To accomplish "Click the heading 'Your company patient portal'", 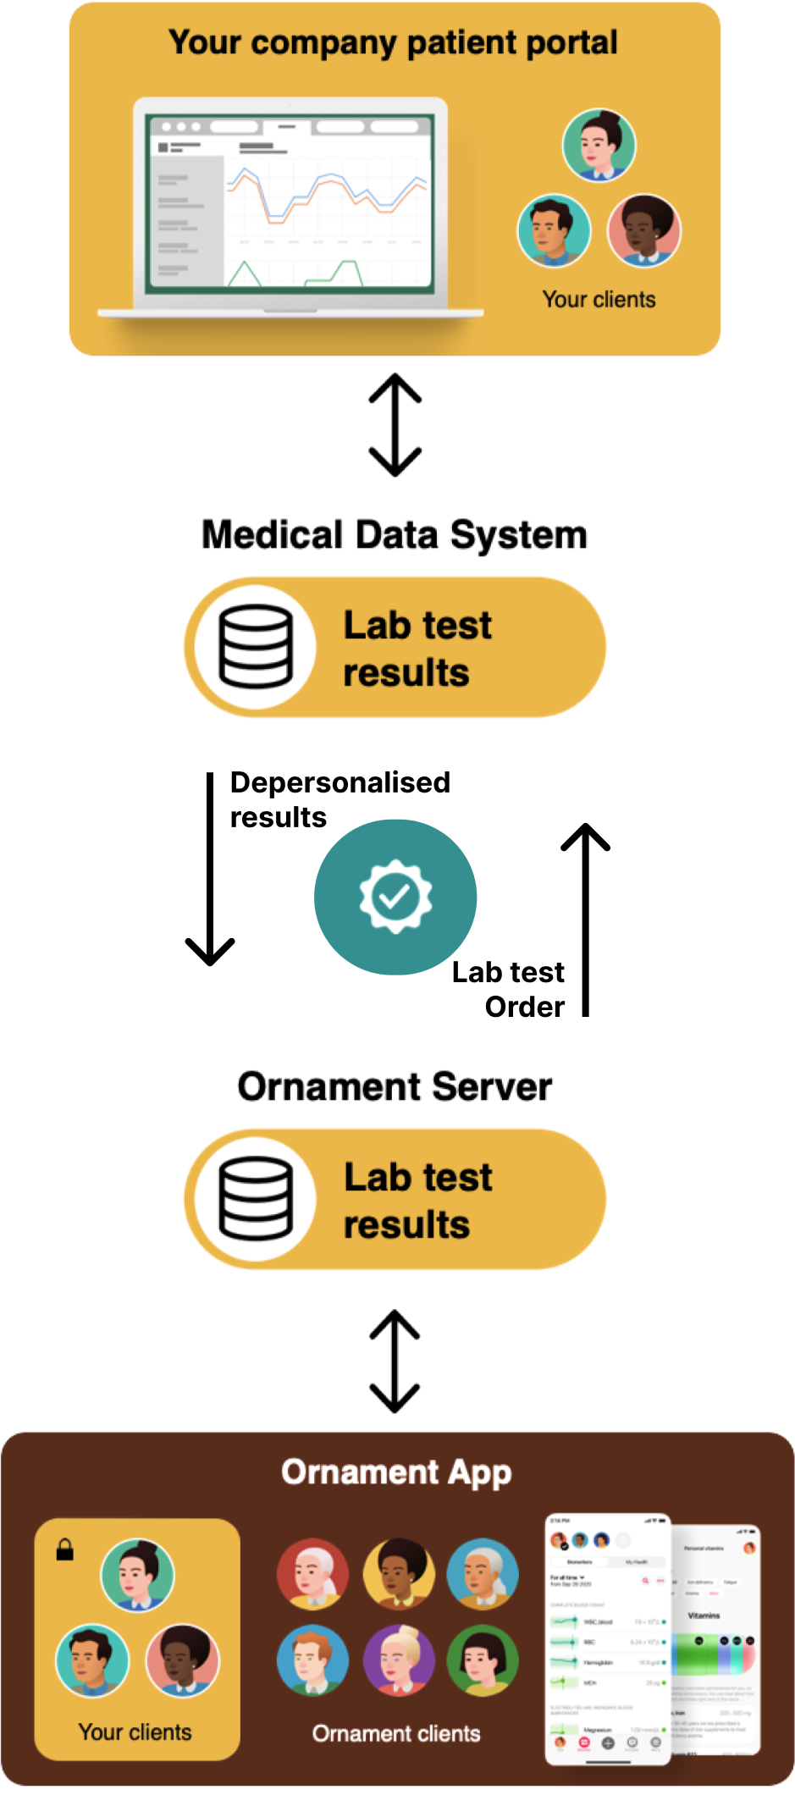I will click(393, 42).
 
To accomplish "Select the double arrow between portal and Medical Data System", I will click(395, 424).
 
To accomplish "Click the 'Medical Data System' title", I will click(395, 535).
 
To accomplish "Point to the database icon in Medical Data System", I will click(256, 647).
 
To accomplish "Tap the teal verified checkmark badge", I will click(395, 897).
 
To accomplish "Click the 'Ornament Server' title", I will click(395, 1087).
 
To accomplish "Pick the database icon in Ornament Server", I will click(256, 1199).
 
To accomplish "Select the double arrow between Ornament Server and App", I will click(395, 1361).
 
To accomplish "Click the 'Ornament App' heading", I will click(396, 1472).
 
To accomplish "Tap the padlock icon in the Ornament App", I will click(65, 1549).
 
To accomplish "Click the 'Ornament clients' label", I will click(396, 1734).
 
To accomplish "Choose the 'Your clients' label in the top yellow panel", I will click(599, 300).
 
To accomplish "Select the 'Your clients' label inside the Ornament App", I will click(135, 1732).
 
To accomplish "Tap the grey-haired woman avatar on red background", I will click(312, 1574).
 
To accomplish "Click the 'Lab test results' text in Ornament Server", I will click(418, 1201).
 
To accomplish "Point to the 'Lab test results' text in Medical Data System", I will click(418, 649).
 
